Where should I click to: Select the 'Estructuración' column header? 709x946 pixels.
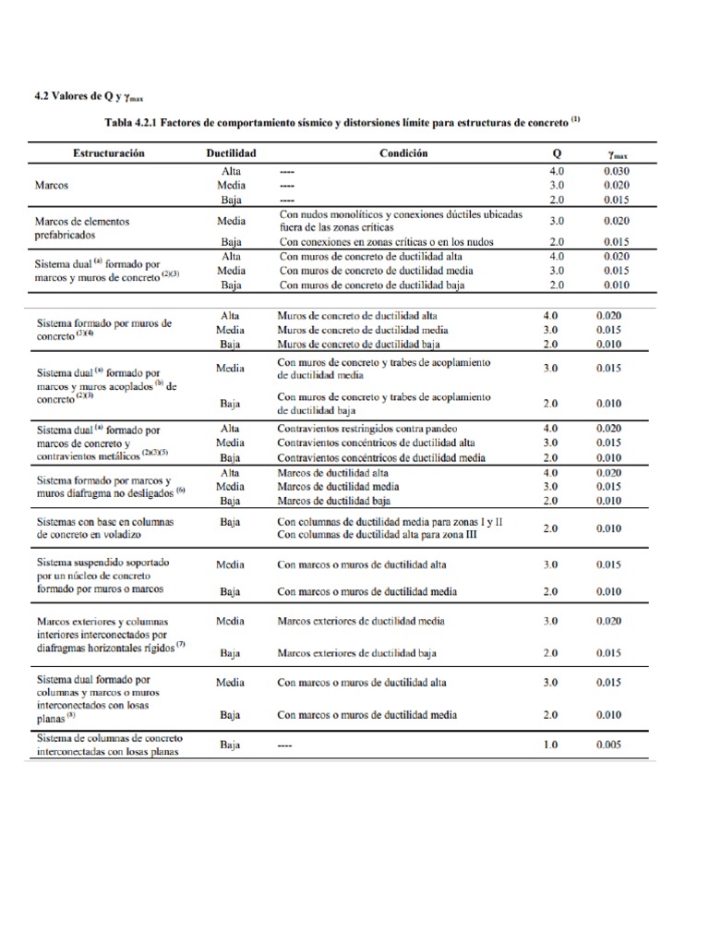(x=103, y=153)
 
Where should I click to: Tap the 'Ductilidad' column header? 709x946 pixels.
(x=230, y=153)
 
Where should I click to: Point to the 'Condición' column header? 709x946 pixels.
(x=403, y=153)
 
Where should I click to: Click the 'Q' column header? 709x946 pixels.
(x=556, y=153)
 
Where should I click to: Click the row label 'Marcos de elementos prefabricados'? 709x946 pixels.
(x=82, y=228)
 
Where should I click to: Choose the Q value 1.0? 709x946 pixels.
(x=550, y=745)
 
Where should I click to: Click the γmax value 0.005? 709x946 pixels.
(x=609, y=745)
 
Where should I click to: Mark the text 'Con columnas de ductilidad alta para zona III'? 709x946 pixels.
(x=377, y=535)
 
